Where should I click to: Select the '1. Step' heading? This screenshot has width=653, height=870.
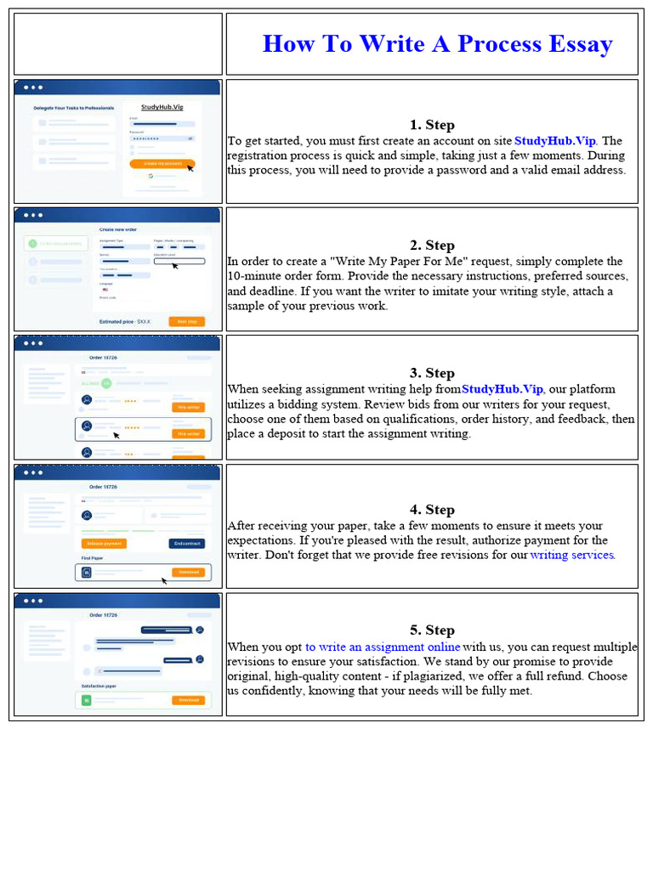tap(432, 125)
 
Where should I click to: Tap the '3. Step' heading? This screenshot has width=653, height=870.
tap(432, 373)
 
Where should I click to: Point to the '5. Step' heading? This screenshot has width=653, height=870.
tap(432, 630)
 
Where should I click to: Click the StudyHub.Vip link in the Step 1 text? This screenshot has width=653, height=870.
tap(555, 141)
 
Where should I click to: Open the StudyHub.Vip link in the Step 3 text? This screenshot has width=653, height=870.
tap(502, 389)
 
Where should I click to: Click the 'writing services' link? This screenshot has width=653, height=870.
tap(571, 555)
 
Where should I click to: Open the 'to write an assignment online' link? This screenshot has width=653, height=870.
tap(383, 647)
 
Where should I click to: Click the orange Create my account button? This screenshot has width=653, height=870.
tap(162, 162)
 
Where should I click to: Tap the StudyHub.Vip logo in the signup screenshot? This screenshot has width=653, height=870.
tap(162, 108)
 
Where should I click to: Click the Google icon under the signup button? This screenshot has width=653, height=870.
tap(150, 176)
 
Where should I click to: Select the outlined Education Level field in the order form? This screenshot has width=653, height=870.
tap(179, 262)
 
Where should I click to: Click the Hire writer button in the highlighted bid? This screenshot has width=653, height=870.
tap(188, 433)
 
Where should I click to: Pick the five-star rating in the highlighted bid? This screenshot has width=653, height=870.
tap(132, 427)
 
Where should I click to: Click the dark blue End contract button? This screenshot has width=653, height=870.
tap(187, 543)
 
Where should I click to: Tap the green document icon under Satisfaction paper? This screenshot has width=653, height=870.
tap(86, 701)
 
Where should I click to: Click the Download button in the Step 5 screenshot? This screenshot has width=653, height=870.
tap(188, 700)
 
